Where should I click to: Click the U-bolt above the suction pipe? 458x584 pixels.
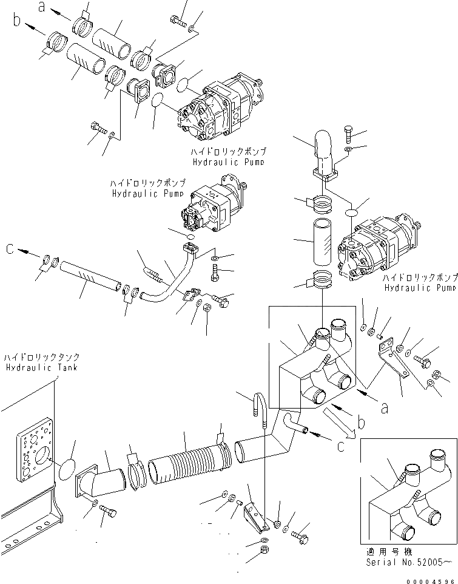point(258,410)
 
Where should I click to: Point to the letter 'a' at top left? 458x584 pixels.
point(42,7)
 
